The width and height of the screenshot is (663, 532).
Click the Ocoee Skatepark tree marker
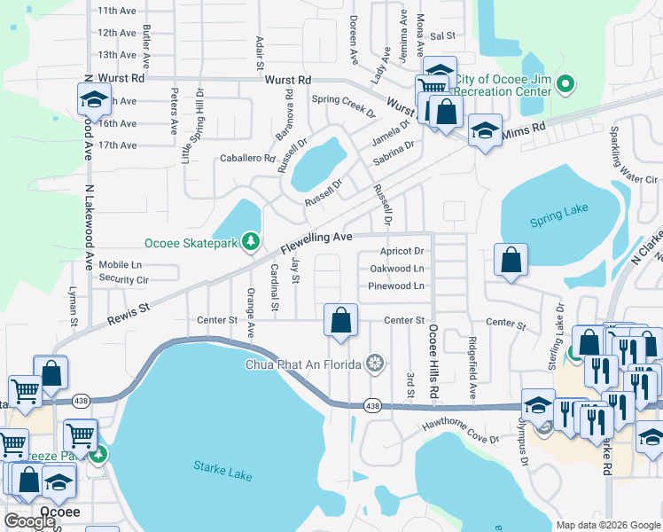tap(252, 241)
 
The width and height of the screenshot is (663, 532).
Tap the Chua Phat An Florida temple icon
tap(376, 364)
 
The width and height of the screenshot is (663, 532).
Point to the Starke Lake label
tap(222, 470)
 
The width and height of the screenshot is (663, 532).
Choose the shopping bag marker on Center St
tap(341, 321)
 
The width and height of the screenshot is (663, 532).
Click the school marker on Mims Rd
tap(485, 131)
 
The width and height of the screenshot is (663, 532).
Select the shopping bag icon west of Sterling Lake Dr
tap(511, 261)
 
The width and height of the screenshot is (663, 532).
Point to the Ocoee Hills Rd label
tap(433, 362)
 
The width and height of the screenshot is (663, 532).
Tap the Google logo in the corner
tap(29, 521)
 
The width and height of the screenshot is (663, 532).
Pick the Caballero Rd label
tap(247, 158)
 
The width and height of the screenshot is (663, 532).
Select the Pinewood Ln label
tap(396, 286)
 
